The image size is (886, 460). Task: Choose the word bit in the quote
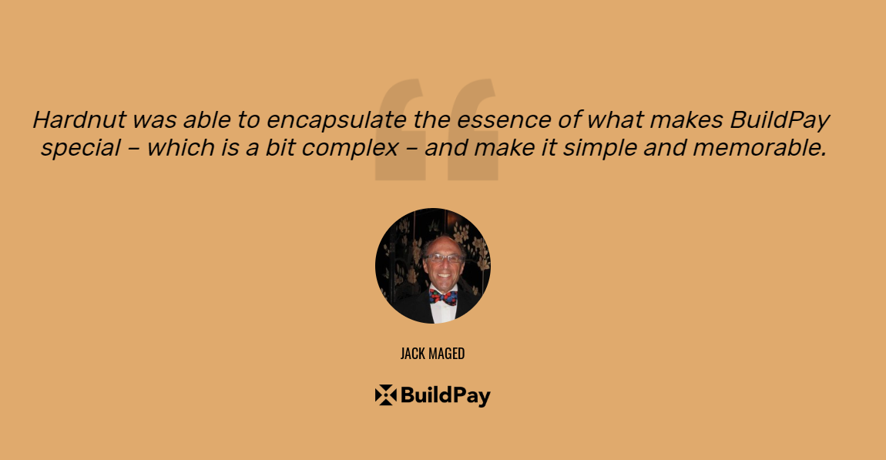(x=280, y=148)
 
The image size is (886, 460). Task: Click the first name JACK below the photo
(x=413, y=354)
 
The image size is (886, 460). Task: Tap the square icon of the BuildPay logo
(x=385, y=395)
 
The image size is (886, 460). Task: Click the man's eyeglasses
(x=445, y=258)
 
